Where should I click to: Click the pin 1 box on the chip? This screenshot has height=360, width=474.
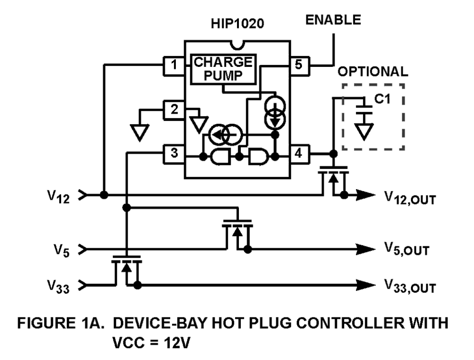[174, 65]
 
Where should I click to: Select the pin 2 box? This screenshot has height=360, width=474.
[174, 110]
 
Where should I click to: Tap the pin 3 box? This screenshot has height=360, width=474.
[174, 154]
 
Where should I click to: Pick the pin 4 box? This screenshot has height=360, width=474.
[299, 154]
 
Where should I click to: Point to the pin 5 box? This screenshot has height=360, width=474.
[299, 65]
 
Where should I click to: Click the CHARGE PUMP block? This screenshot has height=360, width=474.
[223, 69]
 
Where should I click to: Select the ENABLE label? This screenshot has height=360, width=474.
[333, 20]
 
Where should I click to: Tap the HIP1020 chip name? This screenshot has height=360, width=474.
[237, 23]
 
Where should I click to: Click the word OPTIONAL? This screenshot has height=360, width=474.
[372, 71]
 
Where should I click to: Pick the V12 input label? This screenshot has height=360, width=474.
[59, 196]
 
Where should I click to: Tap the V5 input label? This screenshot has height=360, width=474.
[61, 250]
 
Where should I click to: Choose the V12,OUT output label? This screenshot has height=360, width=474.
[409, 197]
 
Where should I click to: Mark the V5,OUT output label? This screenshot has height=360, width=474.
[406, 249]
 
